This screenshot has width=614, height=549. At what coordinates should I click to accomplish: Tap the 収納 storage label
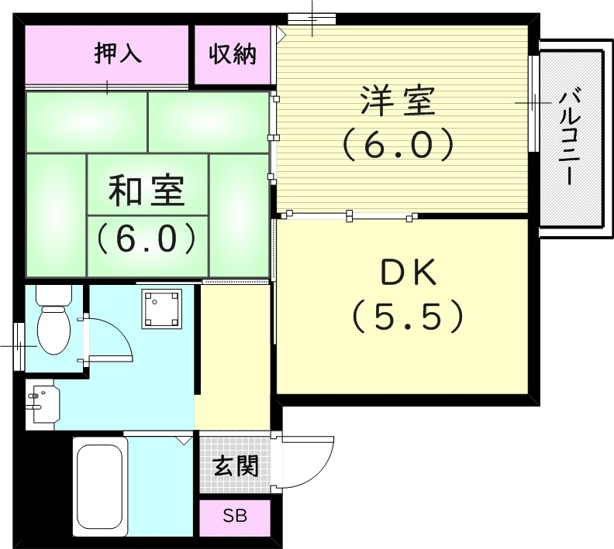pyautogui.click(x=232, y=54)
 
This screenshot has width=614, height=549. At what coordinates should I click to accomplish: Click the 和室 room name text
pyautogui.click(x=147, y=190)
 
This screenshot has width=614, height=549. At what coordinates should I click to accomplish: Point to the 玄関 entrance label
pyautogui.click(x=236, y=466)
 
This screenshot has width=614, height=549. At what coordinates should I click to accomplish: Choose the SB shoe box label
pyautogui.click(x=235, y=516)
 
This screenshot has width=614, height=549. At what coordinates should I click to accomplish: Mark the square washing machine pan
pyautogui.click(x=161, y=310)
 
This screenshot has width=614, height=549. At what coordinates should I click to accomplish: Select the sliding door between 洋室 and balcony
pyautogui.click(x=533, y=103)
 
